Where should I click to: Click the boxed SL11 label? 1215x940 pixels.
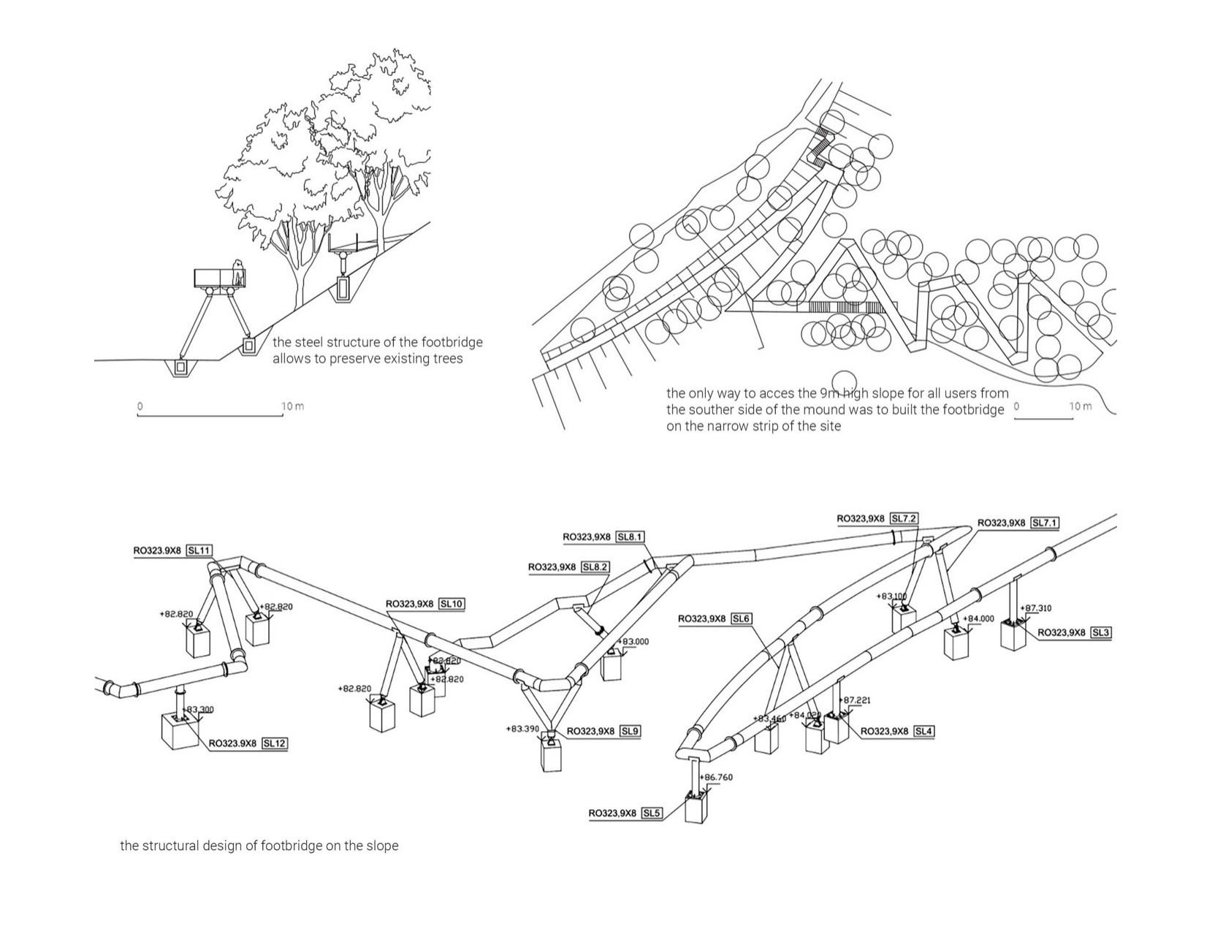199,550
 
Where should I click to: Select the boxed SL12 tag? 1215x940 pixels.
274,743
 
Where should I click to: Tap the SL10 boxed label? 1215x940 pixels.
452,604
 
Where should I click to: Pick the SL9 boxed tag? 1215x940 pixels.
631,731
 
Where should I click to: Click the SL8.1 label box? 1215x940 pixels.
630,537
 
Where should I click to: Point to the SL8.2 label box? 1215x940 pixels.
595,567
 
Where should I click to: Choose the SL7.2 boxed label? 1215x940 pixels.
904,519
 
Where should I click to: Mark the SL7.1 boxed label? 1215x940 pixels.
1045,523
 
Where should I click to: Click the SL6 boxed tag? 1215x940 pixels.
741,619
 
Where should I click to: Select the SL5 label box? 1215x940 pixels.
652,813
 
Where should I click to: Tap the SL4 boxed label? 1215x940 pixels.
923,731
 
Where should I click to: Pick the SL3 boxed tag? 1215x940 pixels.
1101,632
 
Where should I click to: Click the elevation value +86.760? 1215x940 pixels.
717,777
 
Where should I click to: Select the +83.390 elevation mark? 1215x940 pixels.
522,729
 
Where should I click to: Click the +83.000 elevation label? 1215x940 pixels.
634,642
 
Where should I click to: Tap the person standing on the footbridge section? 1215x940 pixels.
237,273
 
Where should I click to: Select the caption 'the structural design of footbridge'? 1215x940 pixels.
259,846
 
